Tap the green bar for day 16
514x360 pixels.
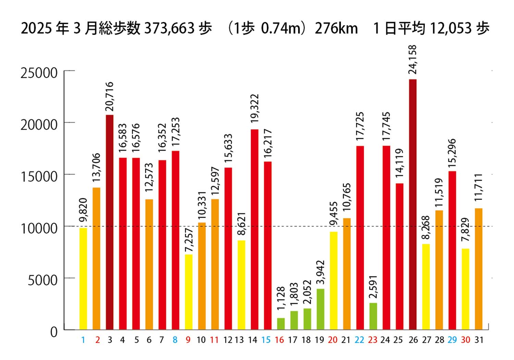[281, 324]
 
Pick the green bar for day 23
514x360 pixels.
[373, 316]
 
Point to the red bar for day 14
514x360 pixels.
[255, 229]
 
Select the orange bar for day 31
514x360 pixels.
[479, 269]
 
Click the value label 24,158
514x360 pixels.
[413, 60]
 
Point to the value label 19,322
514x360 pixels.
[255, 109]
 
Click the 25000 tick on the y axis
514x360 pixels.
[39, 73]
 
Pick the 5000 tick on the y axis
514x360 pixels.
[42, 280]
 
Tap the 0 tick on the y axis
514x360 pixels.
[54, 332]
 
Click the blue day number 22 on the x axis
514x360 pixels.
[359, 340]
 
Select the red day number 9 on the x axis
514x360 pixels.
[188, 340]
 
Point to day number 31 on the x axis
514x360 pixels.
[479, 340]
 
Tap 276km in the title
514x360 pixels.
[336, 28]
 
